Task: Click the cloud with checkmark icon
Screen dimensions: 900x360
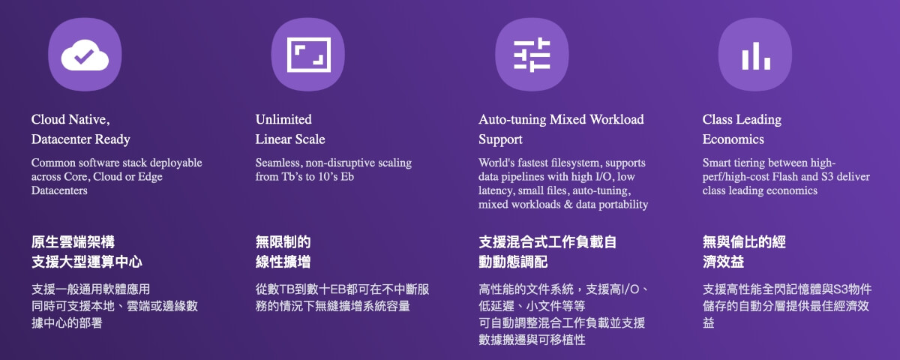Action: tap(85, 55)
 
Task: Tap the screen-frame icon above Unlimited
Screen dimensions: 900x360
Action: tap(308, 55)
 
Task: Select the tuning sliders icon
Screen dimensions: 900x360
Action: tap(532, 55)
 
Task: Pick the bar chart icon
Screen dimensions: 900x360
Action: tap(756, 55)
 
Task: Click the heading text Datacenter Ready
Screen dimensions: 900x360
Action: tap(81, 139)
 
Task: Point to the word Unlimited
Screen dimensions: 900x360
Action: tap(283, 119)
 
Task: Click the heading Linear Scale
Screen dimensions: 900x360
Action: tap(290, 139)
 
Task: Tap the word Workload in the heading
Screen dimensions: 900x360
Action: tap(616, 119)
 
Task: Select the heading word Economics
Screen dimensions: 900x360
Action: tap(733, 139)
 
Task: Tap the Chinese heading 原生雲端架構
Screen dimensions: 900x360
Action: tap(73, 241)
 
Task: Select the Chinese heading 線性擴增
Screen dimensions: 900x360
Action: tap(283, 262)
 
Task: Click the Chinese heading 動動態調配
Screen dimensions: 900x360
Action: tap(513, 262)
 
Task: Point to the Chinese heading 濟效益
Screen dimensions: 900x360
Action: tap(723, 262)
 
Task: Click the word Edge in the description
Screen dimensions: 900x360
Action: tap(150, 177)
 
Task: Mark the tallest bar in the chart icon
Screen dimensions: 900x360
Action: tap(756, 55)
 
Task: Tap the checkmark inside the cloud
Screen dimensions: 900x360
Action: tap(84, 57)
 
